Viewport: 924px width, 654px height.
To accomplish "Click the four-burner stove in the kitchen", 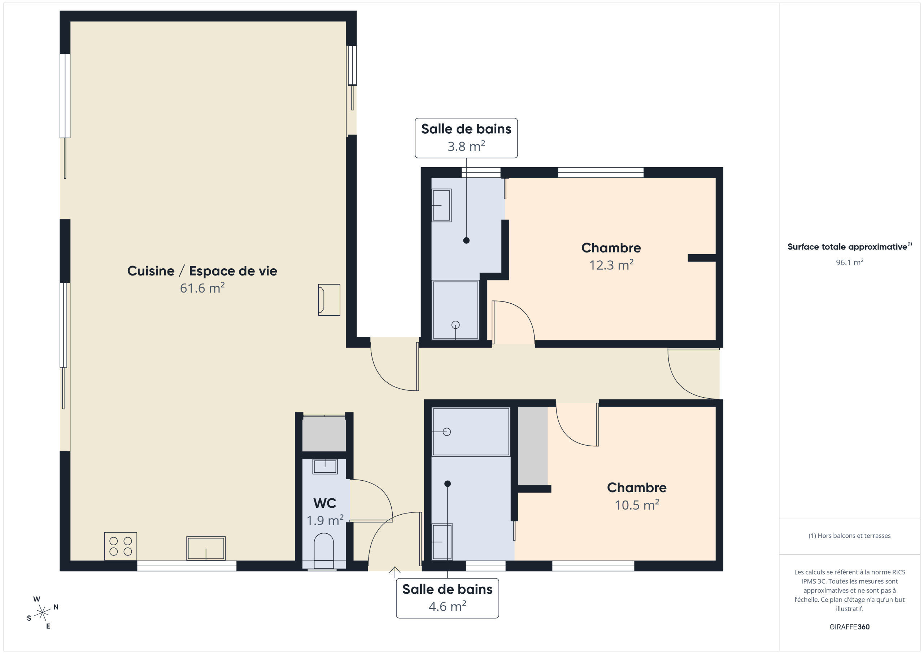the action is (120, 546).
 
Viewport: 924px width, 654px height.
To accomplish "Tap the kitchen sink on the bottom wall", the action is (206, 548).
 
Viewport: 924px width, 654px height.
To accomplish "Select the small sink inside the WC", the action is (325, 466).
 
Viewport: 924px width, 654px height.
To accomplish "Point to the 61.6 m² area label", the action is (202, 288).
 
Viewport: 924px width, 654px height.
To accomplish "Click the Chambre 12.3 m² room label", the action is (611, 256).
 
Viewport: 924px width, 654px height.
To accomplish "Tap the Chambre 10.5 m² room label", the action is (637, 496).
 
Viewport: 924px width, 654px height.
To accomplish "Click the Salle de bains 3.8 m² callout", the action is (466, 138).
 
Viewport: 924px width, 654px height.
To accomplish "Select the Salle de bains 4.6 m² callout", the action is (447, 598).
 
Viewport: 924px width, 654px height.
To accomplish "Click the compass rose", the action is (42, 612).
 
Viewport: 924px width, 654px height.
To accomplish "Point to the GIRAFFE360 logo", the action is (849, 627).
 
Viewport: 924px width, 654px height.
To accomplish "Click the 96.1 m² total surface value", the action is (849, 262).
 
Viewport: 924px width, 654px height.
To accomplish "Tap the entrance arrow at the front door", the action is (395, 572).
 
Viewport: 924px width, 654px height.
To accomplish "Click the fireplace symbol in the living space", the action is (329, 300).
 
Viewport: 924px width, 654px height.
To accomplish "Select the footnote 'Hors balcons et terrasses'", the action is (849, 536).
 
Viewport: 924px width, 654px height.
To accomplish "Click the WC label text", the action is (324, 503).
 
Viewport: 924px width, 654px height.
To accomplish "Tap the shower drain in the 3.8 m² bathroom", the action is (456, 325).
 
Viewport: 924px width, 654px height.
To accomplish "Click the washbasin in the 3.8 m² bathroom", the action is (441, 205).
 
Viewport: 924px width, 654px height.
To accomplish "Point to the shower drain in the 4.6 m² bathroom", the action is (447, 432).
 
